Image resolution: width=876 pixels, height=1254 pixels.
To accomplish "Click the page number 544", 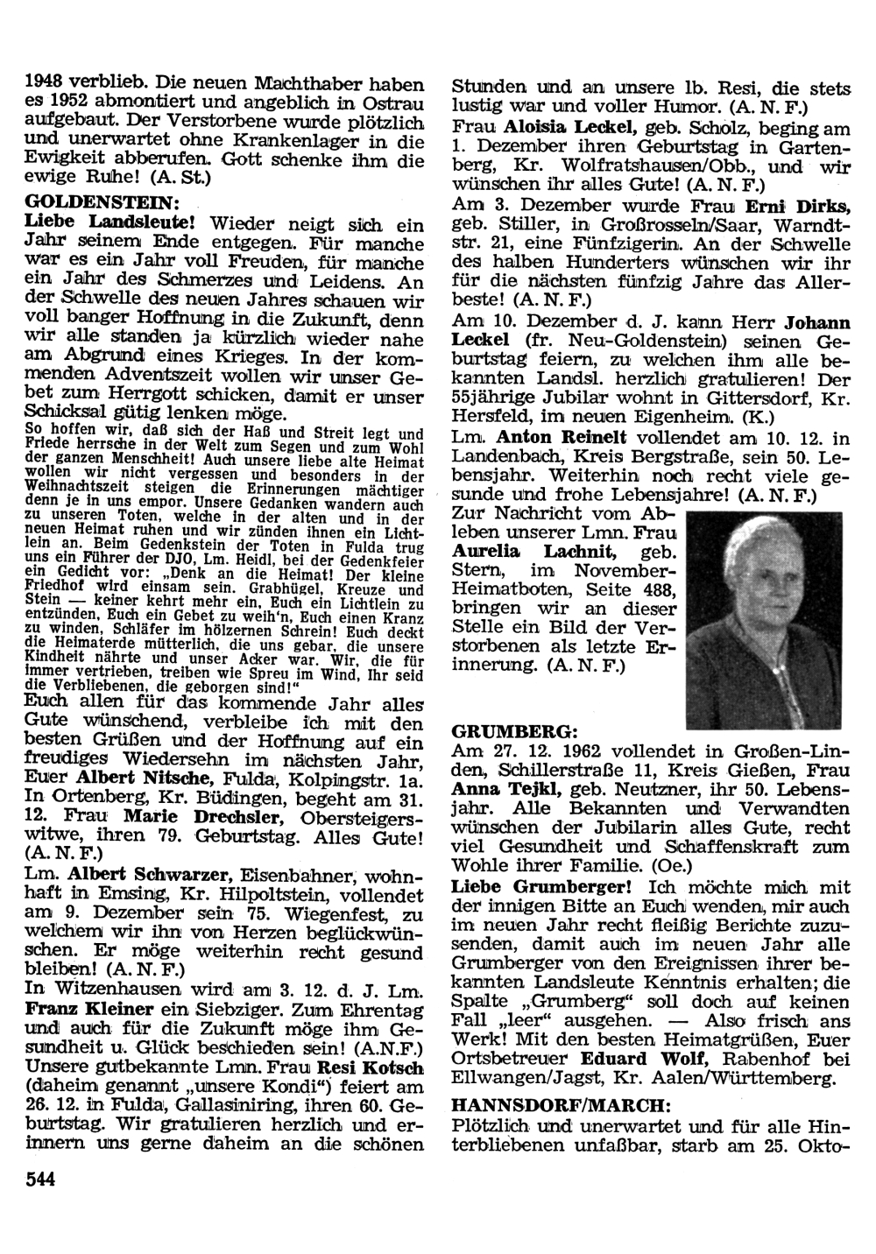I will point(40,1180).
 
